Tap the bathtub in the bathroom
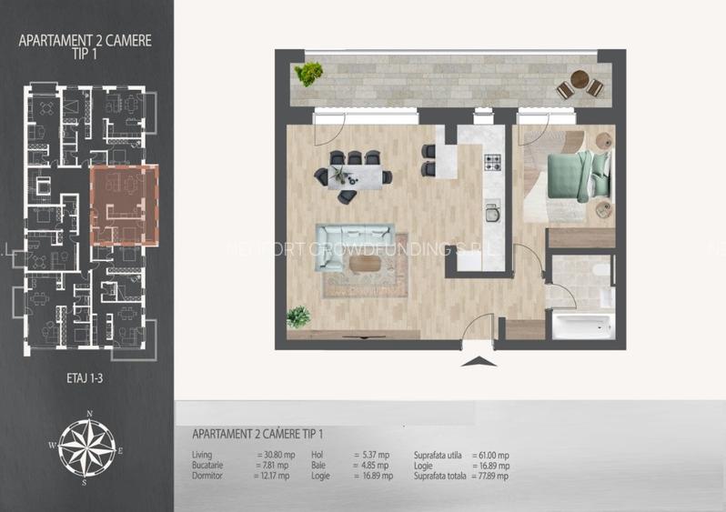tap(583, 325)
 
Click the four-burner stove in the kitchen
tap(493, 164)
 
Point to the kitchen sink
tap(492, 213)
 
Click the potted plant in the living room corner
tap(298, 316)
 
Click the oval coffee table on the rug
tap(365, 264)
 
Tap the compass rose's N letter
tap(89, 414)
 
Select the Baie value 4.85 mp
tap(374, 465)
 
